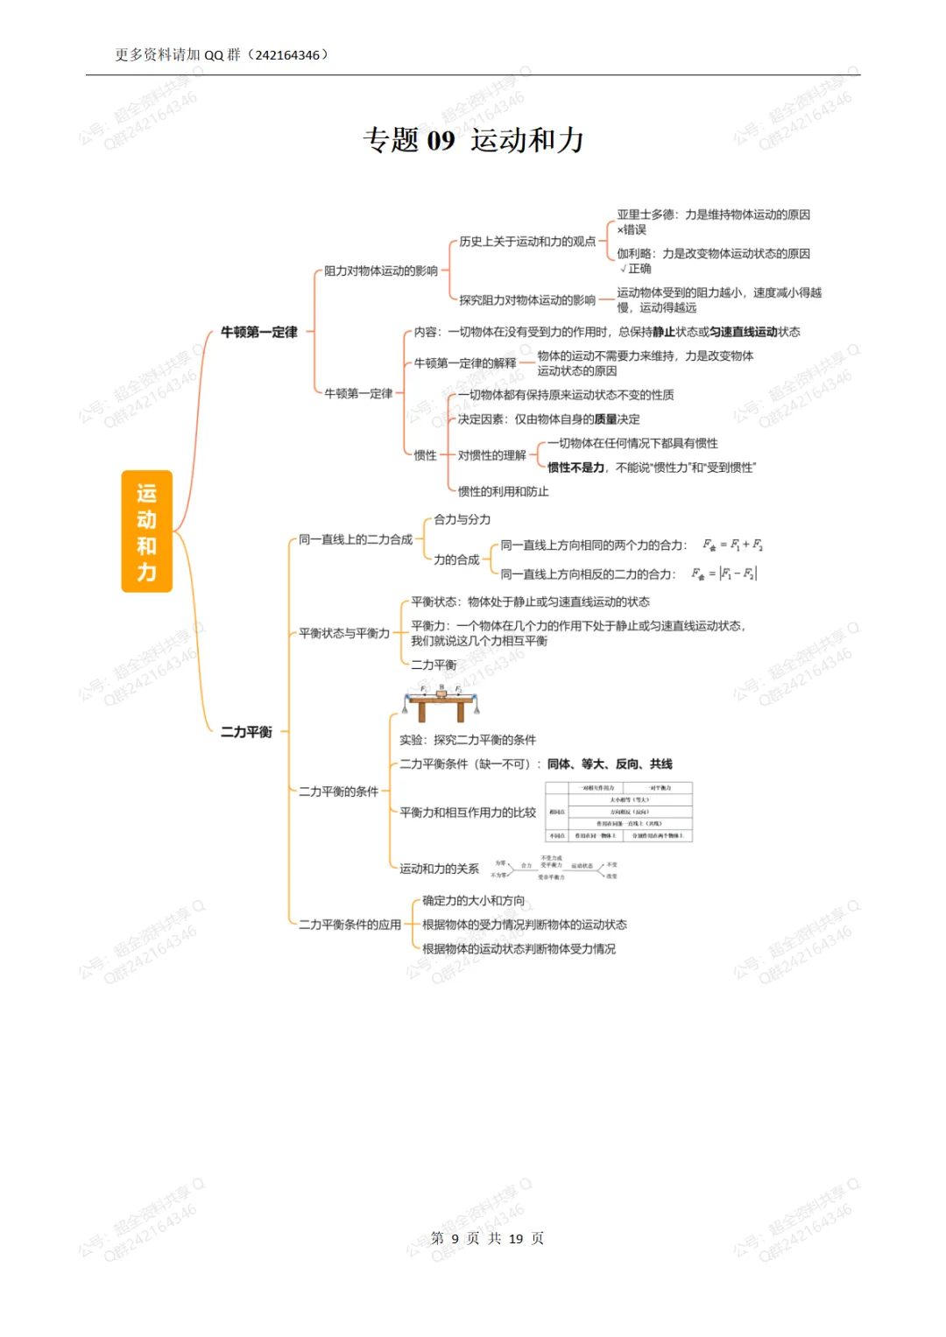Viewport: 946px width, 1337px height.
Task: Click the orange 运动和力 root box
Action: click(146, 531)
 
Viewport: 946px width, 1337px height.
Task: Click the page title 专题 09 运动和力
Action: click(473, 140)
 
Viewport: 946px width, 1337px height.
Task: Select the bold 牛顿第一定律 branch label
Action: click(258, 332)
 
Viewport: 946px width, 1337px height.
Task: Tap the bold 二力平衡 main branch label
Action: click(246, 732)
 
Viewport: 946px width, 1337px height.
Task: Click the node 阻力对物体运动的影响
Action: click(381, 271)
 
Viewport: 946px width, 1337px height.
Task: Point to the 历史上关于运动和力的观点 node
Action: click(527, 242)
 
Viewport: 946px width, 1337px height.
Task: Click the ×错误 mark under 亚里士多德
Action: click(632, 230)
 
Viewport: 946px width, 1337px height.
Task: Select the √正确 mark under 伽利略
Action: click(636, 269)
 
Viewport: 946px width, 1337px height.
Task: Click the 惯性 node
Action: click(425, 455)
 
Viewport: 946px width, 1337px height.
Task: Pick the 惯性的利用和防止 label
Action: click(503, 492)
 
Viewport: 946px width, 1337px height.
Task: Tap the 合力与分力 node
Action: click(462, 520)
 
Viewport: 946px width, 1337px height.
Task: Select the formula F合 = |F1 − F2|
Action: click(724, 574)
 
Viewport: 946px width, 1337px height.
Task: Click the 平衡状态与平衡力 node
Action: click(344, 633)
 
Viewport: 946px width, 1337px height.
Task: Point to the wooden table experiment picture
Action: click(441, 703)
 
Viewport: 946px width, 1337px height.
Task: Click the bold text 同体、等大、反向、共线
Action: click(610, 764)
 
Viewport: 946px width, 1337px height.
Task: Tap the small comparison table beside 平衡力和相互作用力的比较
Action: click(618, 812)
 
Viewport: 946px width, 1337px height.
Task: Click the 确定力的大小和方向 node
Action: click(473, 901)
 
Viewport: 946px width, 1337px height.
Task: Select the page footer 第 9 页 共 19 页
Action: click(487, 1238)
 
